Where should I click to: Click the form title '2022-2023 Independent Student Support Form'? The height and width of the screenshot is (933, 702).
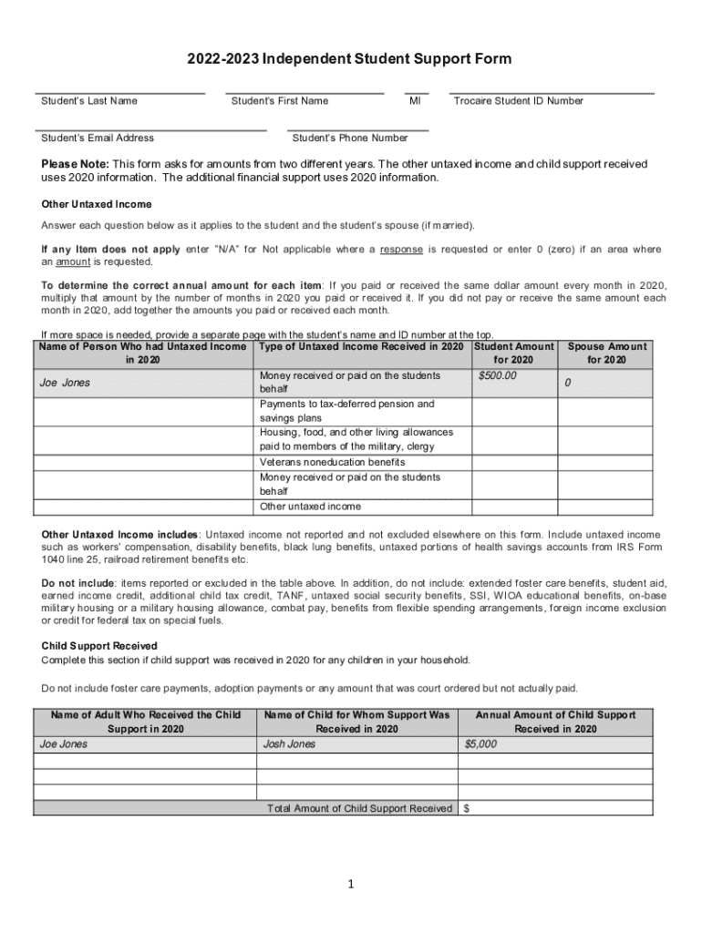coord(350,59)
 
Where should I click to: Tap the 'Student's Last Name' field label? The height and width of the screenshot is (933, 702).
coord(89,101)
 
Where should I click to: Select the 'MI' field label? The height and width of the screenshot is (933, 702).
coord(415,101)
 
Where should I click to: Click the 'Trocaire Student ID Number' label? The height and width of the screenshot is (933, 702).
coord(518,101)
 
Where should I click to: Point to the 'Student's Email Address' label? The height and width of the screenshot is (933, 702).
coord(98,138)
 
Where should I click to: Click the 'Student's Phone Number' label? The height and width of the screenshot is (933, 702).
coord(350,138)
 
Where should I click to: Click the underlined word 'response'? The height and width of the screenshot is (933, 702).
coord(400,249)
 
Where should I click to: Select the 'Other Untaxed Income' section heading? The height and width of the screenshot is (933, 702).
coord(97,204)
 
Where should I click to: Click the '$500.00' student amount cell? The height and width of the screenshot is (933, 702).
coord(498,375)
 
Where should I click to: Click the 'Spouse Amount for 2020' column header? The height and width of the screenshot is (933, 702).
coord(606,353)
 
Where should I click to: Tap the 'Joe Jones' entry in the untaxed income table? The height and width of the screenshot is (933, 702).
coord(65,383)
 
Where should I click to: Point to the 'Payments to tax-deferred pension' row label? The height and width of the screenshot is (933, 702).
coord(346,404)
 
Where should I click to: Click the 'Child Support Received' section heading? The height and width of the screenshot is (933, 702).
coord(99,645)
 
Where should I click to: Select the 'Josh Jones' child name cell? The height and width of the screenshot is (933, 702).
coord(289,743)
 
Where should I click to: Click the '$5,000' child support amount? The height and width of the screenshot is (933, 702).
coord(480,743)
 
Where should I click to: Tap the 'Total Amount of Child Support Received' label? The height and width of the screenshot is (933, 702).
coord(359,808)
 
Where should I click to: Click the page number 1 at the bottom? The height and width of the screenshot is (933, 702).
coord(351,884)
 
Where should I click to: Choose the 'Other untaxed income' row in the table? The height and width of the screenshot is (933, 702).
coord(310,507)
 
